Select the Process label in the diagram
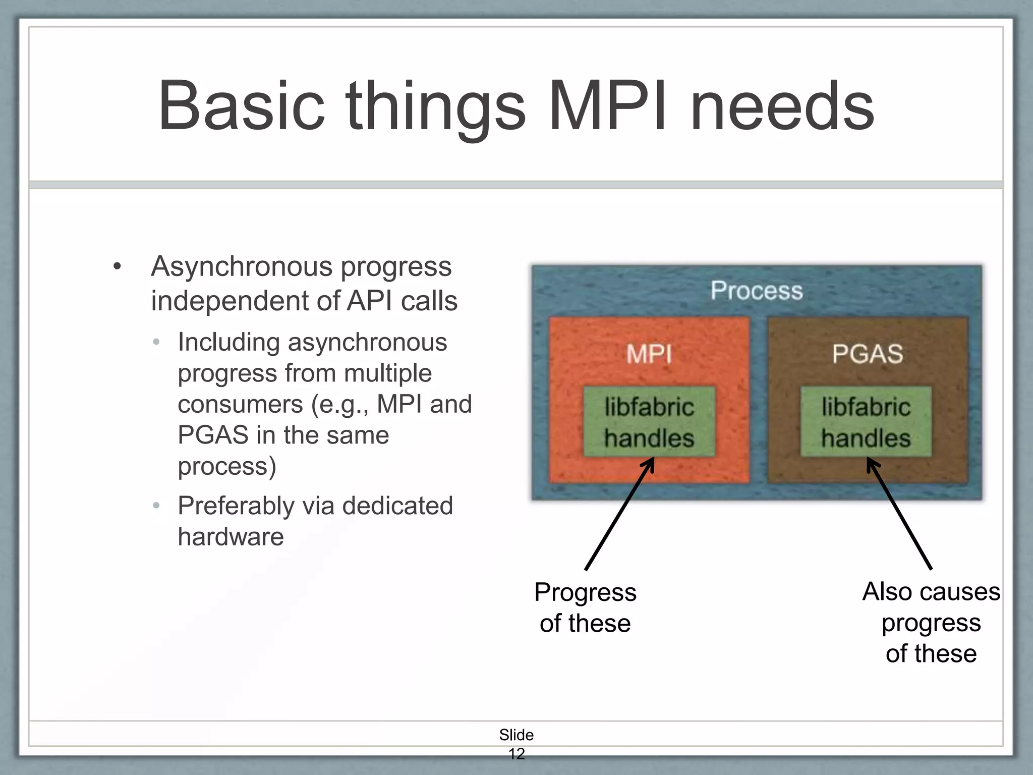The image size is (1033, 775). (x=757, y=291)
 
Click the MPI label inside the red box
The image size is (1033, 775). (x=649, y=354)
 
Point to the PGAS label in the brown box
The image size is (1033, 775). (x=867, y=354)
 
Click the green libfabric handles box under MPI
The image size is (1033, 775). (x=649, y=422)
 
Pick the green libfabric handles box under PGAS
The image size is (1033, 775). (x=866, y=422)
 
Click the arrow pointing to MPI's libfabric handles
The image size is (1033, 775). (x=619, y=515)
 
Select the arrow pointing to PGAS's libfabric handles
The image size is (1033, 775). (x=899, y=515)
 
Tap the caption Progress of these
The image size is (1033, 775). (x=585, y=607)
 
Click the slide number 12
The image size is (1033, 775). (x=516, y=754)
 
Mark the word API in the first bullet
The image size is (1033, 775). (x=369, y=301)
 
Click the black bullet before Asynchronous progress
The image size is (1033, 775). (x=118, y=267)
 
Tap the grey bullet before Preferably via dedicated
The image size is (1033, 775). (x=156, y=506)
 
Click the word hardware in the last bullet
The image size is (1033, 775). (x=231, y=536)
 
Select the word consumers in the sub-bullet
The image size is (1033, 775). (x=240, y=405)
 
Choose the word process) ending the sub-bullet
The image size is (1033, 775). (x=226, y=466)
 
